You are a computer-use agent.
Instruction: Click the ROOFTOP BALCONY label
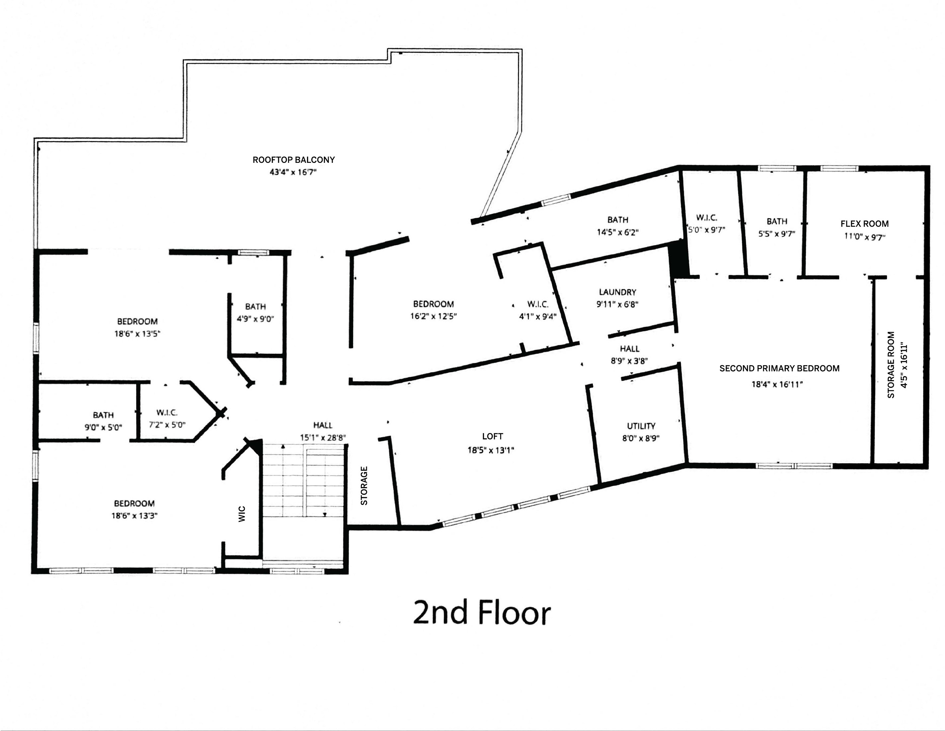pos(294,160)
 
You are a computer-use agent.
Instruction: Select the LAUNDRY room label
pos(617,292)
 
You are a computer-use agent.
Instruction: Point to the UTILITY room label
pos(641,426)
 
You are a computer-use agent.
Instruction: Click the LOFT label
pos(492,437)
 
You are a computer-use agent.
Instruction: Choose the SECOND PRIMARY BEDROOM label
pos(779,368)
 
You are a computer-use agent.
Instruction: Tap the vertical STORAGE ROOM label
pos(891,365)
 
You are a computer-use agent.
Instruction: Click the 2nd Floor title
pos(482,612)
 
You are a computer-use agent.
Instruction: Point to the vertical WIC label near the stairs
pos(242,514)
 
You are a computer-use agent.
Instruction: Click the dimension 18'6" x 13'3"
pos(134,516)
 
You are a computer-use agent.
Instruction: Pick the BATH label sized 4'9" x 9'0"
pos(255,307)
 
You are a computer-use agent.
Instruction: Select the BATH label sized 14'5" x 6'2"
pos(617,220)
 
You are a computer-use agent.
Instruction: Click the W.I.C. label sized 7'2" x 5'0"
pos(167,413)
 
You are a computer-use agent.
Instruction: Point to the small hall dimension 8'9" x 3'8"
pos(629,361)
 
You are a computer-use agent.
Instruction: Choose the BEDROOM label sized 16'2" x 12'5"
pos(433,304)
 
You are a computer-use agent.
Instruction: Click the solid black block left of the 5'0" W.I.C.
pos(678,260)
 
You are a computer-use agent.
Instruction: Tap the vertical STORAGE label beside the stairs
pos(364,485)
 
